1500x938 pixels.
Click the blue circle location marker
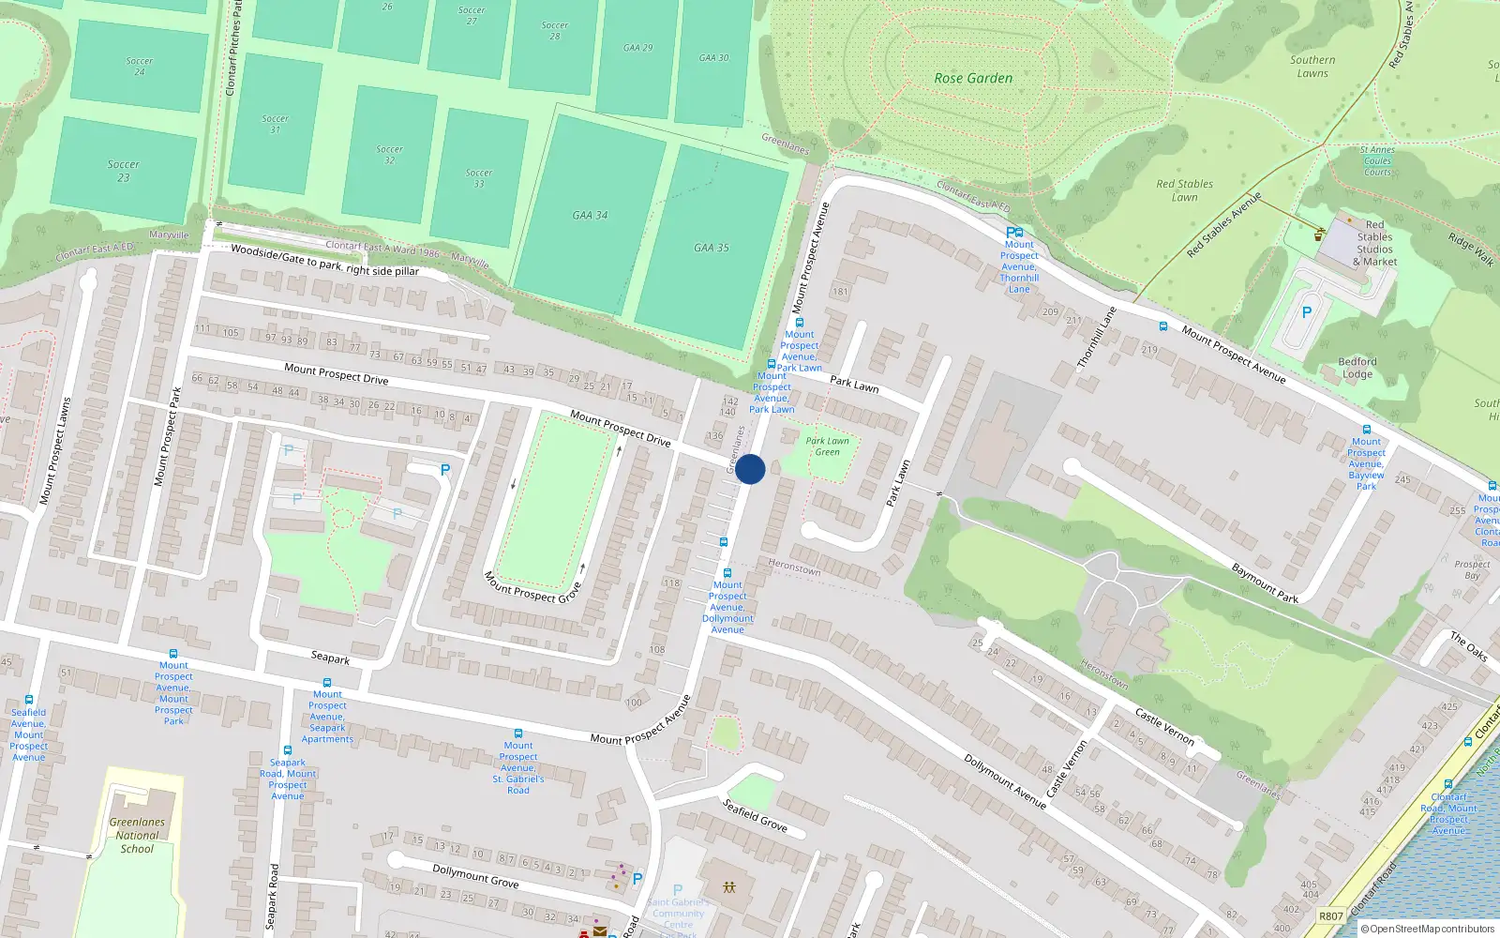click(750, 469)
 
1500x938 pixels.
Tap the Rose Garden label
click(973, 79)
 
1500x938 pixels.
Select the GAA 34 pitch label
click(590, 216)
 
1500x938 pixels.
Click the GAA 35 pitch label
click(712, 249)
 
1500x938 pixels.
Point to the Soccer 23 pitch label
click(124, 171)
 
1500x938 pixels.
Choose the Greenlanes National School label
click(137, 835)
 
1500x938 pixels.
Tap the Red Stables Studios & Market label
click(1374, 244)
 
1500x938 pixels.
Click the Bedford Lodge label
click(1357, 368)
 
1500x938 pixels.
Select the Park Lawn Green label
click(827, 446)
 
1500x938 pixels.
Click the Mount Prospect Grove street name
click(532, 588)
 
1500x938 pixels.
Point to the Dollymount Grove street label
click(475, 875)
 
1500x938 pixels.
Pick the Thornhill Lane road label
click(1096, 337)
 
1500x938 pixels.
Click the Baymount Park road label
click(1264, 582)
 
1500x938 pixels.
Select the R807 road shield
click(1330, 915)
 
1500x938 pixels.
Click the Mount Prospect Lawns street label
click(54, 451)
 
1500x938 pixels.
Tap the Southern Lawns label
click(1312, 67)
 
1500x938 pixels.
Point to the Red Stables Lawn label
click(1184, 190)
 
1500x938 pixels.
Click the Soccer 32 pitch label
click(389, 155)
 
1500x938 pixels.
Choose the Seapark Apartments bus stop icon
click(327, 683)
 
